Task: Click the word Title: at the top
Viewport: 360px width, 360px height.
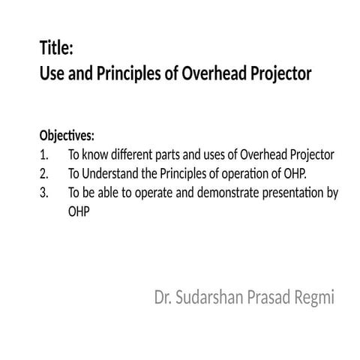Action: tap(56, 49)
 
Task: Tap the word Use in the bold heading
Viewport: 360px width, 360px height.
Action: tap(52, 75)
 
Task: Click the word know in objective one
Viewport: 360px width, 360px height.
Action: tap(96, 155)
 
